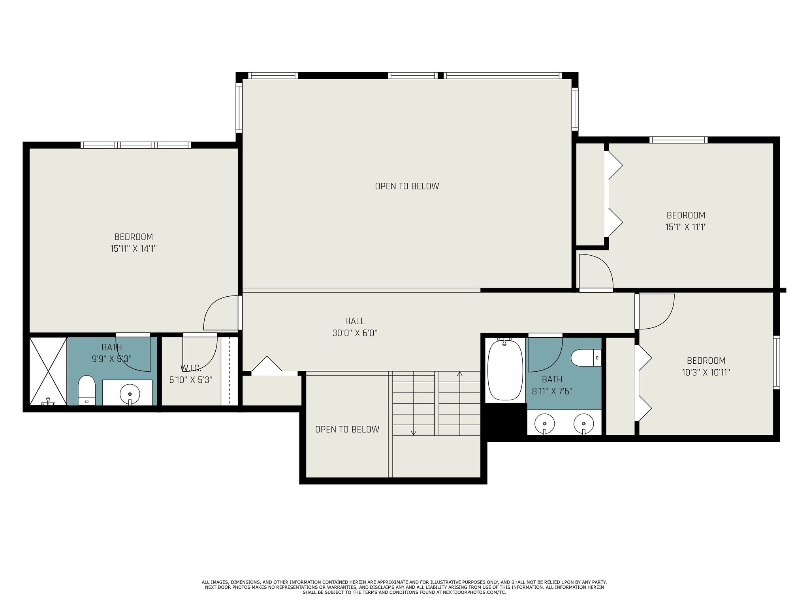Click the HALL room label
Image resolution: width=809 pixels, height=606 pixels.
(355, 321)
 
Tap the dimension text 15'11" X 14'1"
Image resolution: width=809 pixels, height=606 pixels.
(134, 249)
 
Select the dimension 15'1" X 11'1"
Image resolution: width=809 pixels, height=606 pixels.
(686, 227)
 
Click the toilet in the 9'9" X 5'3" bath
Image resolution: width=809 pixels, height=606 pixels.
(87, 391)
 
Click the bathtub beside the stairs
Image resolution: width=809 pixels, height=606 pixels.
(505, 370)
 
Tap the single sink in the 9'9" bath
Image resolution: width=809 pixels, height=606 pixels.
(130, 394)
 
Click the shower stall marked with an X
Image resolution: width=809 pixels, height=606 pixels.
(48, 371)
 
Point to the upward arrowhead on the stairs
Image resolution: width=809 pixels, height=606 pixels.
(459, 373)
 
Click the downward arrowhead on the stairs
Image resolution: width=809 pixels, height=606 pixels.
(414, 433)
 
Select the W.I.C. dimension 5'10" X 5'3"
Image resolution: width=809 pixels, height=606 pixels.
(191, 380)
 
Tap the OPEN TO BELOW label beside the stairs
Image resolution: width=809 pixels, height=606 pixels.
(347, 429)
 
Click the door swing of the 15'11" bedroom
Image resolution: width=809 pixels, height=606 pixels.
(219, 314)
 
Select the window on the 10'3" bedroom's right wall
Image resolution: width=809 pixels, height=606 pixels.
(776, 362)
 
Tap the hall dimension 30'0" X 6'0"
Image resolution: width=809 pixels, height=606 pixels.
(355, 333)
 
